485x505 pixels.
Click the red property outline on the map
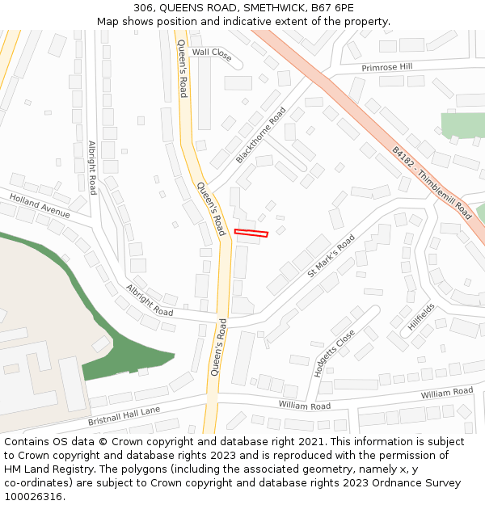[x=251, y=234]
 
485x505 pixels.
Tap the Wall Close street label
[x=212, y=53]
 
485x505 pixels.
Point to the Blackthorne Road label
[x=261, y=136]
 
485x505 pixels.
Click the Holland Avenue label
[x=40, y=206]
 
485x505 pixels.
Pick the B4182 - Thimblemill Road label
[x=432, y=183]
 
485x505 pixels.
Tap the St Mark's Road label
[x=331, y=256]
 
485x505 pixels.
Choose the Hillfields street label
[x=421, y=317]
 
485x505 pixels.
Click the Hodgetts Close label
[x=334, y=353]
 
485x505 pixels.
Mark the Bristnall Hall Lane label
[x=124, y=416]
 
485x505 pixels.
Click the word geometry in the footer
[x=326, y=469]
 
